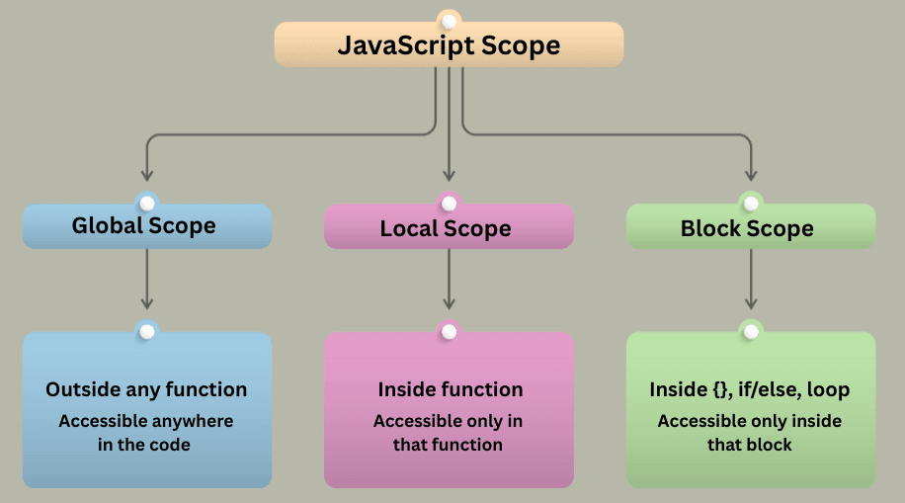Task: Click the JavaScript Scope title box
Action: (449, 45)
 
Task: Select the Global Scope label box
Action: (146, 226)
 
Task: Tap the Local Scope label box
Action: (449, 228)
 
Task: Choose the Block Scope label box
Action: (750, 228)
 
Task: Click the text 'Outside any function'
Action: (146, 389)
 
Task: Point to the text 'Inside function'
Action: (450, 389)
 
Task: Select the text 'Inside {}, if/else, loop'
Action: (749, 389)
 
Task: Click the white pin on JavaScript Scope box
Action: (450, 21)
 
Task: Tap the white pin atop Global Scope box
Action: (147, 203)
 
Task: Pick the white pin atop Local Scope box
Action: (450, 203)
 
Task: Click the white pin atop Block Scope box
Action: (751, 203)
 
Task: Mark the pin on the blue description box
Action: (147, 331)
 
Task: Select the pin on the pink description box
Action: (450, 331)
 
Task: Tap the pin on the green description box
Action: (751, 331)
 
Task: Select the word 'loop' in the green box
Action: (828, 389)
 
